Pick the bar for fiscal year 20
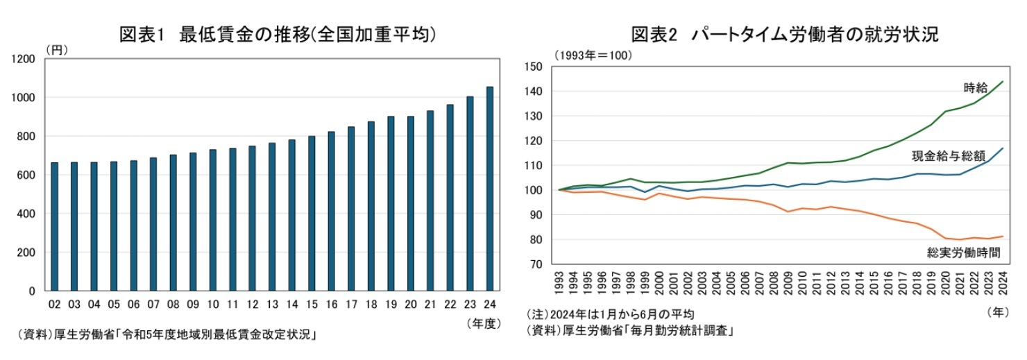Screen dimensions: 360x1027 (x=411, y=204)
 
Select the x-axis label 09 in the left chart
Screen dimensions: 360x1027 (x=193, y=304)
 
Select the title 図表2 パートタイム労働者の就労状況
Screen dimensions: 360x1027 (x=784, y=34)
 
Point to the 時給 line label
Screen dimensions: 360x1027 (x=974, y=87)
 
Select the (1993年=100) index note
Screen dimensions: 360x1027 (x=593, y=55)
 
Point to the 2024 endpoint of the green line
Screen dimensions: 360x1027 (x=1003, y=82)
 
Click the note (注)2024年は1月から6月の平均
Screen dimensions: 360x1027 (x=611, y=314)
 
